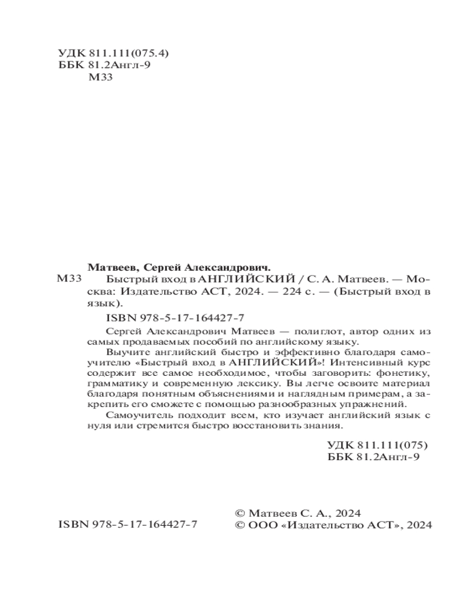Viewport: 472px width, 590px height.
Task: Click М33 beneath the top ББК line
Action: [x=99, y=78]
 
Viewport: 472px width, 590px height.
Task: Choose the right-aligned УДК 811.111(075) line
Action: [x=376, y=445]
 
